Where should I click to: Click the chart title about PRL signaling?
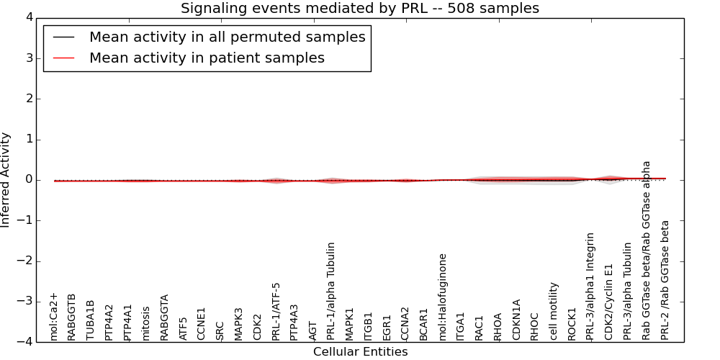(359, 9)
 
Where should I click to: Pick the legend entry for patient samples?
(207, 58)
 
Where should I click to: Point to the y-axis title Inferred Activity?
(6, 180)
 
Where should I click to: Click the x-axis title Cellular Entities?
(360, 352)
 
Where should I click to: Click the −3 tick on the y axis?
(34, 302)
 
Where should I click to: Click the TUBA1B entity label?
(91, 320)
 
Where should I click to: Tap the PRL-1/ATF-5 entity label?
(276, 311)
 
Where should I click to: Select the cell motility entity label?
(554, 311)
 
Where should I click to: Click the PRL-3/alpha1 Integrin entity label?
(591, 286)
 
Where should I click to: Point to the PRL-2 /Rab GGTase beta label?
(665, 280)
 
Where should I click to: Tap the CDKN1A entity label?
(517, 320)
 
